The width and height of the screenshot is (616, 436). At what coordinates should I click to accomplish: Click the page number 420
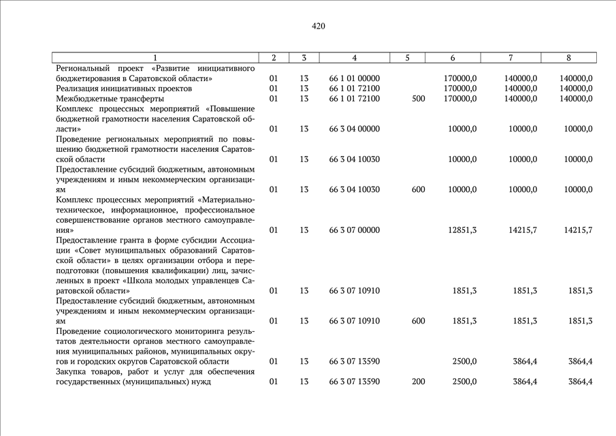click(319, 27)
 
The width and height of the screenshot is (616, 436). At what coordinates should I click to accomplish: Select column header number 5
click(406, 58)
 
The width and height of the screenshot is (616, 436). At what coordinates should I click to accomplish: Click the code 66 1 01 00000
click(354, 78)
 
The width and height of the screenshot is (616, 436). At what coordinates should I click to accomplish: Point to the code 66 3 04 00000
click(354, 129)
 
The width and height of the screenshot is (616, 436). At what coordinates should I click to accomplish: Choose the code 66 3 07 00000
click(354, 230)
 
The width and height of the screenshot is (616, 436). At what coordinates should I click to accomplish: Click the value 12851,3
click(462, 230)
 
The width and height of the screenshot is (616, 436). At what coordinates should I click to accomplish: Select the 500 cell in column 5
click(418, 99)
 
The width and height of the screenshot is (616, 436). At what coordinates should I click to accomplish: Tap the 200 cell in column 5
click(418, 381)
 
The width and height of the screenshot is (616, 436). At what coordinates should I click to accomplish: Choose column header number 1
click(155, 58)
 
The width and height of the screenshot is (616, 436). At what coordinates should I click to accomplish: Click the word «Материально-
click(225, 200)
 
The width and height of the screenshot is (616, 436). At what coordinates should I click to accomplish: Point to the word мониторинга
click(206, 331)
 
